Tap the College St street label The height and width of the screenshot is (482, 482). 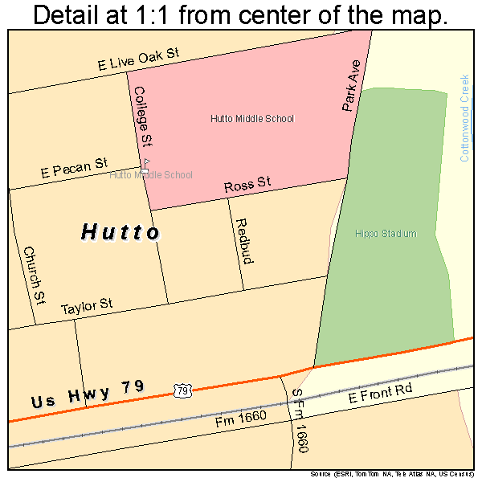point(144,116)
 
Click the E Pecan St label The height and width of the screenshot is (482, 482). point(74,168)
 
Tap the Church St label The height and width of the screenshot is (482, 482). point(34,275)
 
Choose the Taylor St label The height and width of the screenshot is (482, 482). point(87,306)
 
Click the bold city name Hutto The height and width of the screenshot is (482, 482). point(120,232)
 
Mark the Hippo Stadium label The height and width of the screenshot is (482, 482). point(386,234)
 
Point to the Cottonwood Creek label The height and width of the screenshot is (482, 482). point(464,118)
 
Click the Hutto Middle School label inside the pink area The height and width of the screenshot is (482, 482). point(252,119)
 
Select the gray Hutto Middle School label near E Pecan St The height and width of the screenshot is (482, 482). point(151,174)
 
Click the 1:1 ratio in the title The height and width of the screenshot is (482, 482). point(159,15)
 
